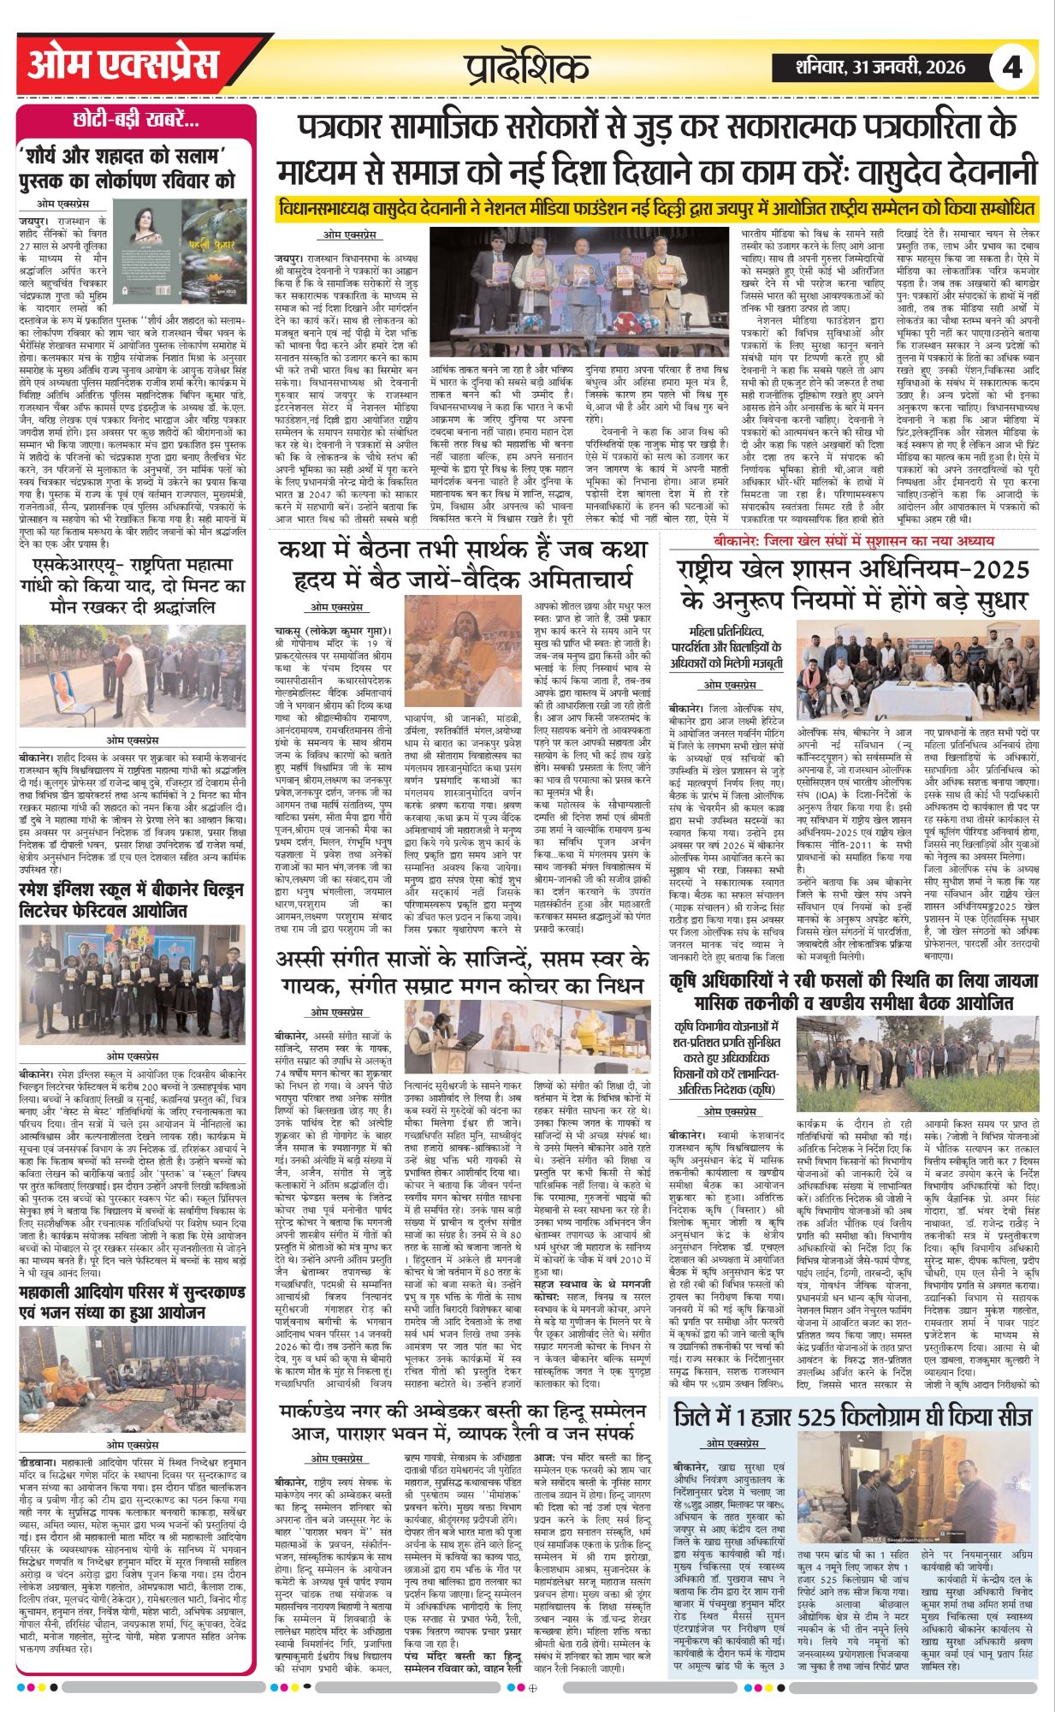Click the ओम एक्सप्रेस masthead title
123,65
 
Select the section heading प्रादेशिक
527,67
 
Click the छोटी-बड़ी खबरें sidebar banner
136,122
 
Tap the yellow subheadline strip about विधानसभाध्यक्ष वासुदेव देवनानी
657,208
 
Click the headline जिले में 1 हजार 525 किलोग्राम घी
852,1082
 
